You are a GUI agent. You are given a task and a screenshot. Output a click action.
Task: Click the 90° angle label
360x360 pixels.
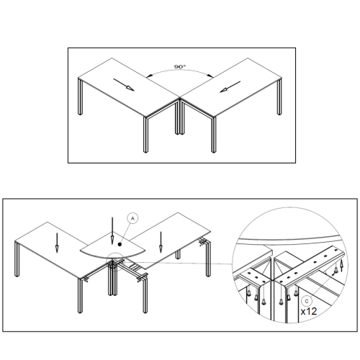click(x=180, y=67)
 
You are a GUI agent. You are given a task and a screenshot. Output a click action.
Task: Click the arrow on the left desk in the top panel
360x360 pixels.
click(x=124, y=85)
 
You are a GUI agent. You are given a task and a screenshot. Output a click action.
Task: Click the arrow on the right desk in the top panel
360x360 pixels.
click(x=230, y=87)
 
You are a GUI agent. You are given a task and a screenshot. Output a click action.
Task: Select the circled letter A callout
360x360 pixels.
click(x=132, y=218)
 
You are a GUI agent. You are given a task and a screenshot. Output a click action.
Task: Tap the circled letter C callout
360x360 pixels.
click(x=307, y=302)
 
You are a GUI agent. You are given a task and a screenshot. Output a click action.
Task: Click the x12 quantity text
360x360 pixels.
click(x=309, y=312)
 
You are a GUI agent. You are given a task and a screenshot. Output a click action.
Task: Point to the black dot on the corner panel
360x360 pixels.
click(x=120, y=244)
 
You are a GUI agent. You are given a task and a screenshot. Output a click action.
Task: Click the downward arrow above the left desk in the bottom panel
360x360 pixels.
click(x=57, y=243)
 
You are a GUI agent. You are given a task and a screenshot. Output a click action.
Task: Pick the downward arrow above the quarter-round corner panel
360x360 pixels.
click(x=112, y=231)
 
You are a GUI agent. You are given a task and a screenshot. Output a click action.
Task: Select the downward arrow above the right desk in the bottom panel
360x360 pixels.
click(x=161, y=243)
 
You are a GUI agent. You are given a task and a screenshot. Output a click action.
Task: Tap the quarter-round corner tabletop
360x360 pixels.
click(x=113, y=247)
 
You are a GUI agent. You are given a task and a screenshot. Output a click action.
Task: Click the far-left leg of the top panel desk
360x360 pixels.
click(x=80, y=96)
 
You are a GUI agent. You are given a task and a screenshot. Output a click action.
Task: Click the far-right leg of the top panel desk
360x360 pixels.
click(x=279, y=96)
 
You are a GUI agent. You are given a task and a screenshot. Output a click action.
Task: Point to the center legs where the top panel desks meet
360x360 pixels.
click(x=180, y=117)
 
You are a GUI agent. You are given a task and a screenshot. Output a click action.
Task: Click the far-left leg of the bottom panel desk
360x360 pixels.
click(x=17, y=259)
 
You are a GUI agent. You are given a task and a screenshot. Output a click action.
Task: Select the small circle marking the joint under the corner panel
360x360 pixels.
click(x=116, y=261)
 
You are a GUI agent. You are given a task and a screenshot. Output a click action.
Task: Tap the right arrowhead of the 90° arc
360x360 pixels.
click(x=210, y=76)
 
